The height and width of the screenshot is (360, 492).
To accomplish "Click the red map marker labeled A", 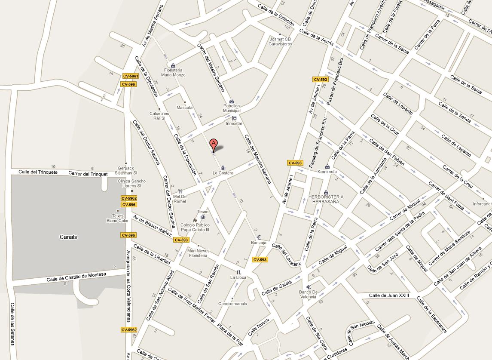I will coord(213,145).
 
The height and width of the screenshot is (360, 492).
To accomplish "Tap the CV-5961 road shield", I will coord(130,76).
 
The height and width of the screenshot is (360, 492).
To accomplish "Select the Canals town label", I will coord(68,237).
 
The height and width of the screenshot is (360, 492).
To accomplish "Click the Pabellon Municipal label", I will coord(232,108).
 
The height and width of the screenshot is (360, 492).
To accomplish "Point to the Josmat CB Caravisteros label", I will coord(280,41).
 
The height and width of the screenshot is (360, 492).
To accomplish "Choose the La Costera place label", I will coord(223,173).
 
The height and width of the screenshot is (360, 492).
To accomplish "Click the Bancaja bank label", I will coord(259,243).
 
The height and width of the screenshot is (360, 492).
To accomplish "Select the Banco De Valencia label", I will coord(308,295).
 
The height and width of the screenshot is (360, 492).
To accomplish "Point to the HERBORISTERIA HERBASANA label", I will coord(326,199).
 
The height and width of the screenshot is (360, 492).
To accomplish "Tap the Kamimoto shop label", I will coord(327,172).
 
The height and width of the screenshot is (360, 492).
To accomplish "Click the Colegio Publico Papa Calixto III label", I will coord(195,227).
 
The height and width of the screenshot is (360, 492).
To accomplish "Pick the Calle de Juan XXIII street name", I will coord(389,295).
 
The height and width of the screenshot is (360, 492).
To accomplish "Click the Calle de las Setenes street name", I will coord(12,324).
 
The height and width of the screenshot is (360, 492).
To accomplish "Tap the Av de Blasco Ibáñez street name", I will coord(152,225).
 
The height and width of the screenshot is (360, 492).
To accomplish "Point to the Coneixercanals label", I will coord(232,303).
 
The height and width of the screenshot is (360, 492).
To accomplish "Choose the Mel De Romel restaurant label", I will coord(180,199).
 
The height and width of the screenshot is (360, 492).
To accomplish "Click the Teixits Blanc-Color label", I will coord(118,218).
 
